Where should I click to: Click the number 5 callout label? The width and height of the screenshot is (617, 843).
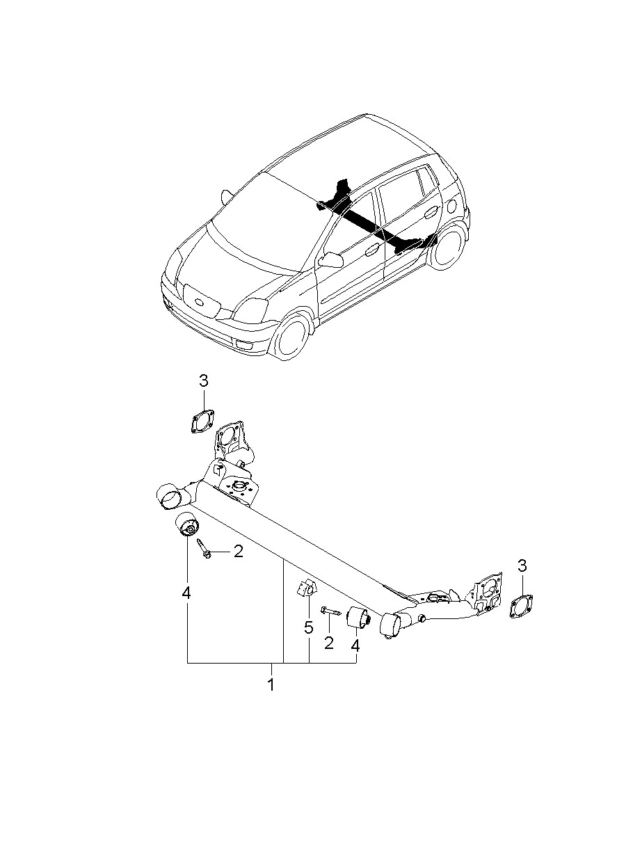point(308,627)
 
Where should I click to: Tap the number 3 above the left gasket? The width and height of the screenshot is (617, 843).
point(203,381)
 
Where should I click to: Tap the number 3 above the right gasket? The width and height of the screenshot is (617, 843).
point(522,576)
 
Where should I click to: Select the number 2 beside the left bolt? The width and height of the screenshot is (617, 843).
point(239,552)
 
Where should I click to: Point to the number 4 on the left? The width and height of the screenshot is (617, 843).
point(186,593)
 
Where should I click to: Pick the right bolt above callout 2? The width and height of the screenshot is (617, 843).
point(330,611)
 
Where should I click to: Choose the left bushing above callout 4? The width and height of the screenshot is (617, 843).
point(188,525)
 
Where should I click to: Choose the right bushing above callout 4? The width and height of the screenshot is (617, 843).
point(358,618)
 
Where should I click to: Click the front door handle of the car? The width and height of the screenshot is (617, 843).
point(373,250)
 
